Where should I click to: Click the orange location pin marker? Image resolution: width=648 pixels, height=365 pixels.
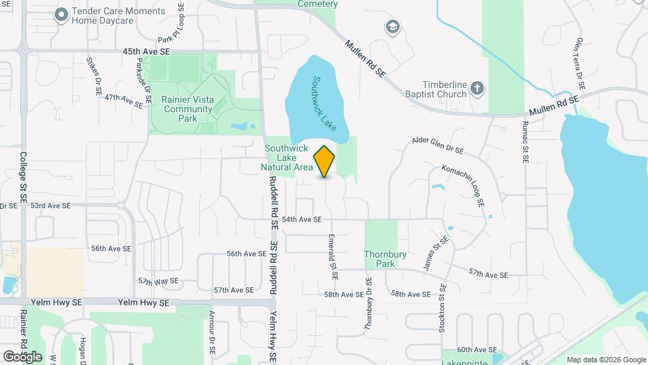coord(325,161)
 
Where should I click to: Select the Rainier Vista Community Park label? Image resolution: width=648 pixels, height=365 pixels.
coord(188,109)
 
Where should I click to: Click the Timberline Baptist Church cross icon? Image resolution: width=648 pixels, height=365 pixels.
coord(477,87)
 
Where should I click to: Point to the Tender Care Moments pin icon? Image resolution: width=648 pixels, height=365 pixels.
coord(61,14)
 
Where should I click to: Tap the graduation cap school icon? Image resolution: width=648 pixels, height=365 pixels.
coord(391,26)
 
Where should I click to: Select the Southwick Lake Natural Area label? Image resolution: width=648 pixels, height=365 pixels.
coord(287,157)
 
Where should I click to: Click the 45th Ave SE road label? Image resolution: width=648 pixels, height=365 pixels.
coord(146,51)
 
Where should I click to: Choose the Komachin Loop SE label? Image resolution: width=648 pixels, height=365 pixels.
coord(463,185)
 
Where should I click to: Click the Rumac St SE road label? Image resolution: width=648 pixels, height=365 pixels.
coord(524,142)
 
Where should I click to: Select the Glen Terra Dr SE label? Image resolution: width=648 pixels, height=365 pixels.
coord(579,65)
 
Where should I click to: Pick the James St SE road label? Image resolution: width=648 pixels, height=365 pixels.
coord(435,254)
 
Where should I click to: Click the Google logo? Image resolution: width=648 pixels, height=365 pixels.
coord(22,356)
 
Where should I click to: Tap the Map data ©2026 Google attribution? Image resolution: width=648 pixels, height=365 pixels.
coord(605,360)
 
